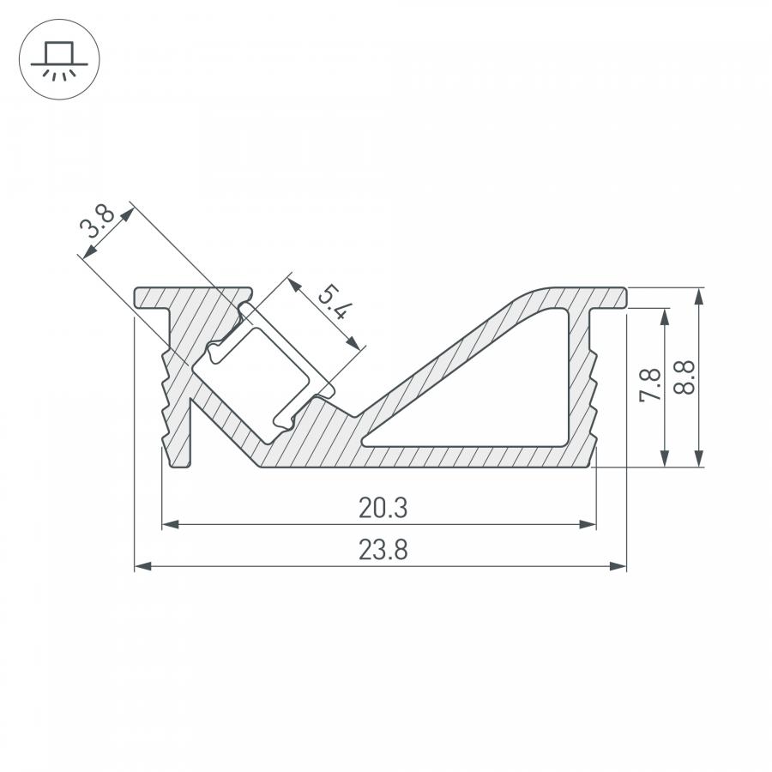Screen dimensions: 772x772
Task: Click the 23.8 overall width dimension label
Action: click(x=383, y=550)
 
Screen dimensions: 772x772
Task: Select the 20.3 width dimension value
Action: click(x=383, y=508)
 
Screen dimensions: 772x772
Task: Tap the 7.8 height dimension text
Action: click(x=649, y=384)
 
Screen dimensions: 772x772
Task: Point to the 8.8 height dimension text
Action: click(x=684, y=377)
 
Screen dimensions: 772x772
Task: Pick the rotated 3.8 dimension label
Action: click(x=97, y=221)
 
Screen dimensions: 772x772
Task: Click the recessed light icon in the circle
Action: click(x=59, y=59)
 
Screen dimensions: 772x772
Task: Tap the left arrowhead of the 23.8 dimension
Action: click(x=142, y=566)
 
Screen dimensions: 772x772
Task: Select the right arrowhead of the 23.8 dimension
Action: click(x=618, y=566)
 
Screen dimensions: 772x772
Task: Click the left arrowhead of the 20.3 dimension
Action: click(x=171, y=525)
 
